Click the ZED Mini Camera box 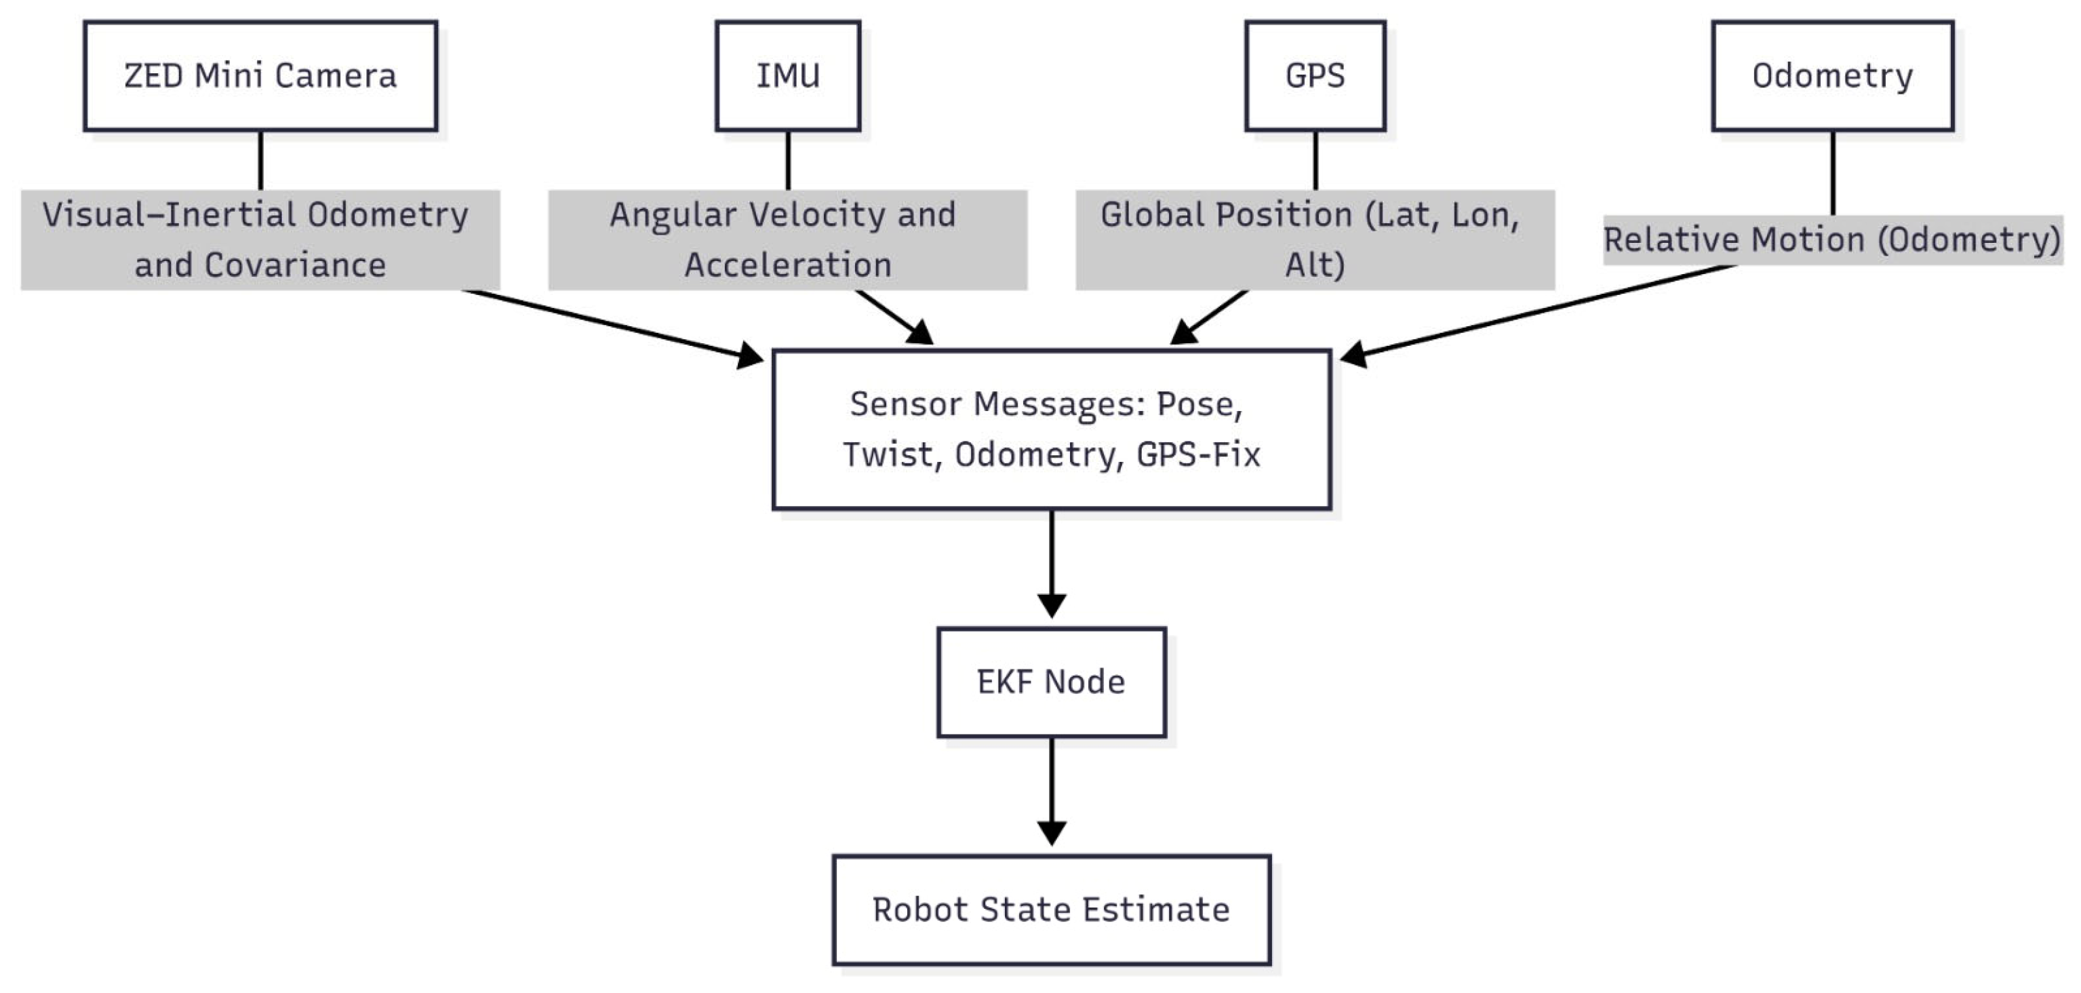[x=260, y=76]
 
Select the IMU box [x=788, y=76]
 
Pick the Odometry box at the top [x=1832, y=76]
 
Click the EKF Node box [x=1051, y=682]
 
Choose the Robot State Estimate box [x=1051, y=910]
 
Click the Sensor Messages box [x=1051, y=429]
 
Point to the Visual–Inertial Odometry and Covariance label [x=260, y=240]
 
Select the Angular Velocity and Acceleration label [x=788, y=240]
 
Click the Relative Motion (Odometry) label [x=1832, y=240]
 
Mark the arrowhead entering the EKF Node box [x=1051, y=606]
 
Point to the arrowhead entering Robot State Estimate [x=1051, y=833]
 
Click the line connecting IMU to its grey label [x=788, y=160]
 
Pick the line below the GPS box [x=1315, y=160]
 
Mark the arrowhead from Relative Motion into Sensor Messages [x=1354, y=355]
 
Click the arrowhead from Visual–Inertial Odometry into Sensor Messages [x=750, y=355]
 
